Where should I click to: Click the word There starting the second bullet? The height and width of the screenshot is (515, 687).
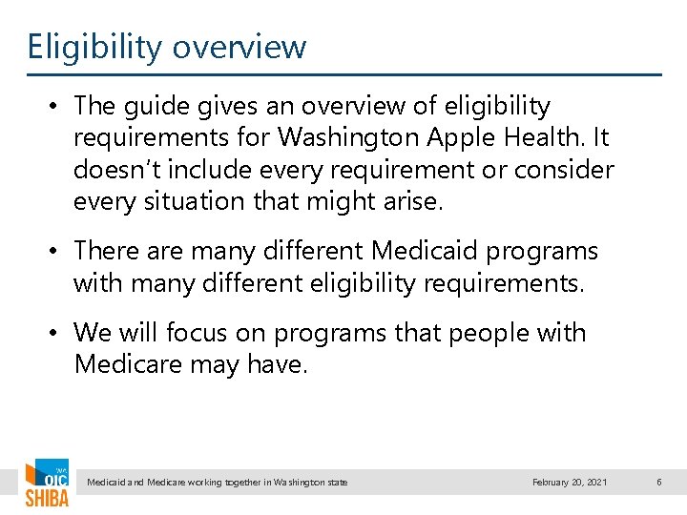pyautogui.click(x=104, y=251)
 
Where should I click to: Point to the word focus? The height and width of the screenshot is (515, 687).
pyautogui.click(x=204, y=333)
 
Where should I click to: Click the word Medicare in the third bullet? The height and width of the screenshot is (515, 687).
pyautogui.click(x=130, y=364)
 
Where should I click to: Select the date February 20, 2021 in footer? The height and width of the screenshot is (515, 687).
pyautogui.click(x=570, y=483)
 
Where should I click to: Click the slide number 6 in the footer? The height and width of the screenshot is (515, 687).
pyautogui.click(x=658, y=483)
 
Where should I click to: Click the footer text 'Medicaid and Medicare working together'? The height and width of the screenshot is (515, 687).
pyautogui.click(x=217, y=483)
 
